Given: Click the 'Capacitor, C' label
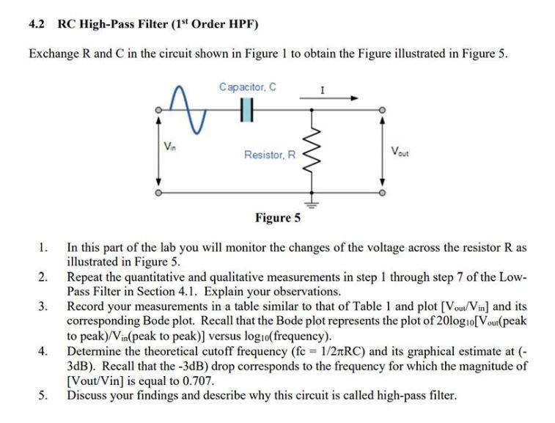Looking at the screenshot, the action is pyautogui.click(x=247, y=87).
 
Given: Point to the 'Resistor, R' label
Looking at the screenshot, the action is pyautogui.click(x=270, y=155).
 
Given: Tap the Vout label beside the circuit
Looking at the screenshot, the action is pyautogui.click(x=400, y=152).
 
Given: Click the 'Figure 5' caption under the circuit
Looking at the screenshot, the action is pyautogui.click(x=277, y=217).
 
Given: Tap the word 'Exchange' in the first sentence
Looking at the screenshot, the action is pyautogui.click(x=53, y=55).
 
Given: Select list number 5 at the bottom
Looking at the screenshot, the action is pyautogui.click(x=43, y=395).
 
